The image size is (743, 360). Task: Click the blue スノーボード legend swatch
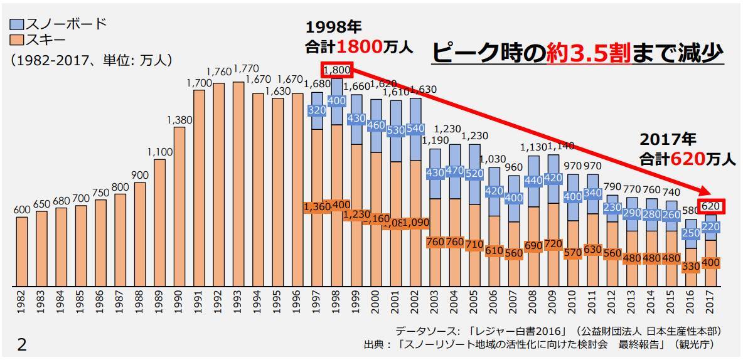pyautogui.click(x=17, y=24)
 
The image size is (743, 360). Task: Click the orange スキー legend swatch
pyautogui.click(x=17, y=41)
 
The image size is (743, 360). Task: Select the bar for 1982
pyautogui.click(x=22, y=251)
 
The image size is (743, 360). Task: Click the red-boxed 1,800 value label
pyautogui.click(x=338, y=70)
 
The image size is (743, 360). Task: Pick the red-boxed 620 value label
pyautogui.click(x=711, y=206)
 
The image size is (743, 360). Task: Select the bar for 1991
pyautogui.click(x=200, y=188)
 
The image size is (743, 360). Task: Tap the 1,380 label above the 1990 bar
pyautogui.click(x=179, y=120)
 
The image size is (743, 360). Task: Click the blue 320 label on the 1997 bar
pyautogui.click(x=318, y=110)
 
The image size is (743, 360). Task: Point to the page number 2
pyautogui.click(x=22, y=344)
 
